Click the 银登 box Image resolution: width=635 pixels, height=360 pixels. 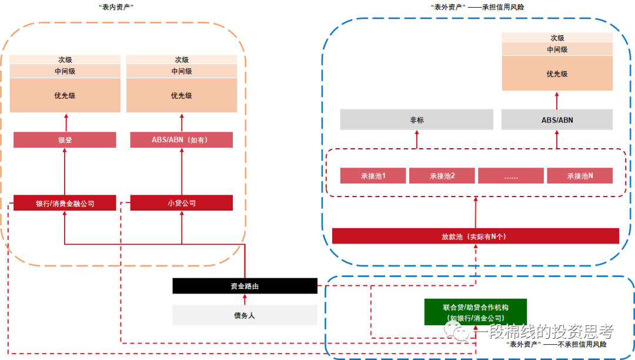65,140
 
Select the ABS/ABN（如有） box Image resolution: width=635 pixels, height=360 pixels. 182,140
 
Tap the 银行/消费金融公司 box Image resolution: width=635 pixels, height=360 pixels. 65,203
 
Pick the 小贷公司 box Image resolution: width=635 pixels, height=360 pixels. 182,203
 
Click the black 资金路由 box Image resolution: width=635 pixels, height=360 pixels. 245,286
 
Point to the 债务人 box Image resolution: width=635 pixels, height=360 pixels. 245,315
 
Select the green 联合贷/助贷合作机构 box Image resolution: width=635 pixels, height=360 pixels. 476,312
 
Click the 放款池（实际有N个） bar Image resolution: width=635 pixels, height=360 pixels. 475,236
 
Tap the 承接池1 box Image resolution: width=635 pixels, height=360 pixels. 373,175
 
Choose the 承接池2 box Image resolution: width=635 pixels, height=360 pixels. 442,175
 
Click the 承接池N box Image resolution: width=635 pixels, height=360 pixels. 580,175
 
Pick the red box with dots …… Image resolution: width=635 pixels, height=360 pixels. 511,175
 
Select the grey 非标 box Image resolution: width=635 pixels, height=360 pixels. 417,120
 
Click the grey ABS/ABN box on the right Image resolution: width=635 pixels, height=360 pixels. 557,120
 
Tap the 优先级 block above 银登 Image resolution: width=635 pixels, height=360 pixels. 65,95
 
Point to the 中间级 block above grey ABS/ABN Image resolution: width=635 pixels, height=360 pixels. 557,49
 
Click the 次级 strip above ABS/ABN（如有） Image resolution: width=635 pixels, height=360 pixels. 182,59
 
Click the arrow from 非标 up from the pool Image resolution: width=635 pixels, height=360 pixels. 417,139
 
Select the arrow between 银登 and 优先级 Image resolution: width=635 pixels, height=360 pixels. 65,122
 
